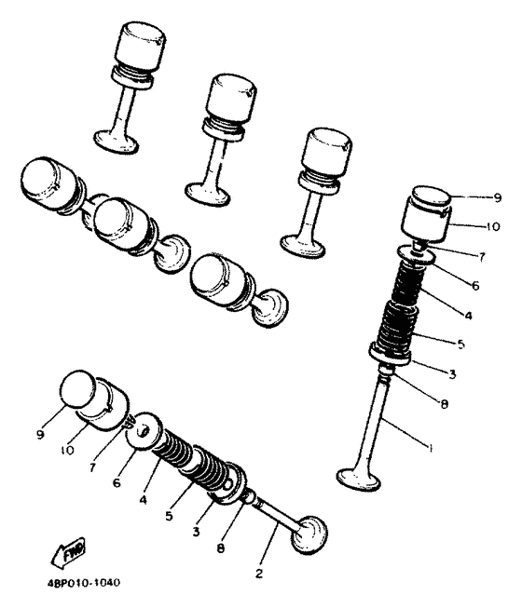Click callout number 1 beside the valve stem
click(430, 448)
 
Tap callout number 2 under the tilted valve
click(259, 574)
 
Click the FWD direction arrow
click(69, 551)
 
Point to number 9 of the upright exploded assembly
click(497, 198)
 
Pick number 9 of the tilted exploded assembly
click(40, 434)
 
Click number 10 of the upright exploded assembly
click(493, 226)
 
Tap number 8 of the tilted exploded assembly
click(220, 548)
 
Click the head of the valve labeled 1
click(358, 480)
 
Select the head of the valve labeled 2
click(309, 535)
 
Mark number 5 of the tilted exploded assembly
click(169, 517)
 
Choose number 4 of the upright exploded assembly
click(468, 316)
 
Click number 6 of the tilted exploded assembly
click(117, 482)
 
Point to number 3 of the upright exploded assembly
click(452, 374)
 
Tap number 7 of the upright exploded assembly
click(482, 257)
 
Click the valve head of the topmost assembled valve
click(117, 142)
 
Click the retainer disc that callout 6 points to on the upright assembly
click(416, 255)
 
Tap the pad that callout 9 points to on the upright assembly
click(432, 196)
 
